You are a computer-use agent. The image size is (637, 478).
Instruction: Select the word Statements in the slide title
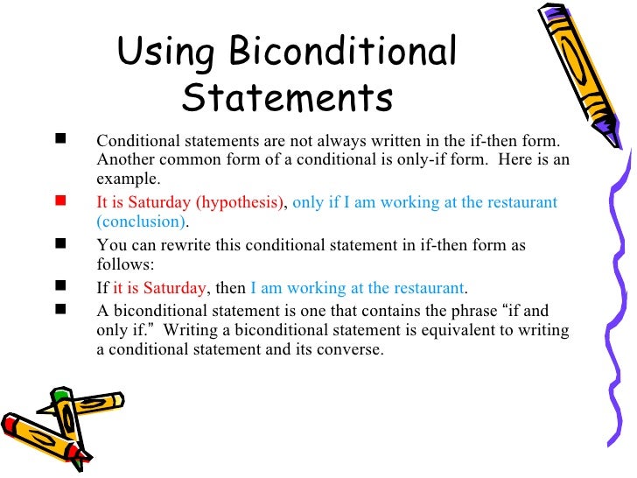click(x=287, y=98)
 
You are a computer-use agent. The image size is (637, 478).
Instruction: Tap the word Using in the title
click(x=163, y=53)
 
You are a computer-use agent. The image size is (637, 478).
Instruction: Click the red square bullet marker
click(x=59, y=201)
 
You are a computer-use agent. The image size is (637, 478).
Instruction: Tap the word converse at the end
click(x=351, y=348)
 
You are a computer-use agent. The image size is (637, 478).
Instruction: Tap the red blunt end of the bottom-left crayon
click(x=12, y=426)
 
